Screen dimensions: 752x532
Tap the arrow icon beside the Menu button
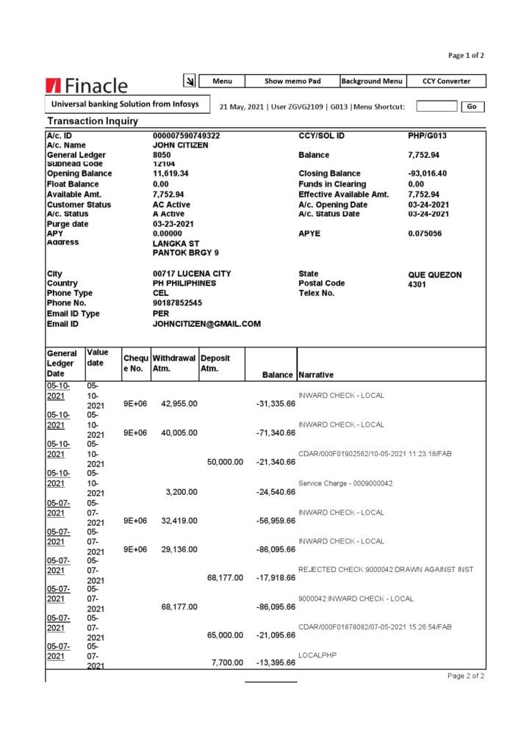click(x=189, y=81)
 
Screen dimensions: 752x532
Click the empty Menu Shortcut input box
click(x=436, y=106)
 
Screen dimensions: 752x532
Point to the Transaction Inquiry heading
click(x=93, y=121)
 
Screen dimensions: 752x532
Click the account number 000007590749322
click(x=186, y=136)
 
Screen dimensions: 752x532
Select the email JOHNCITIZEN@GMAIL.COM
click(x=206, y=324)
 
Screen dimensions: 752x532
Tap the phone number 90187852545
click(x=177, y=303)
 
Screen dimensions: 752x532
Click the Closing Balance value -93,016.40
click(x=426, y=174)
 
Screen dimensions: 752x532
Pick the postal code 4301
click(x=417, y=283)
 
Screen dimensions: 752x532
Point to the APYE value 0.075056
click(x=425, y=234)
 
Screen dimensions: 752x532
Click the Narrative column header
click(x=316, y=375)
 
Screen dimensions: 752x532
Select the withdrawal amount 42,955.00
click(x=179, y=403)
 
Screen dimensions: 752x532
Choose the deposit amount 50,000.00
click(x=225, y=462)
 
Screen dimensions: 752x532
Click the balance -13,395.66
click(x=276, y=662)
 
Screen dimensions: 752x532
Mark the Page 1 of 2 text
click(x=466, y=55)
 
